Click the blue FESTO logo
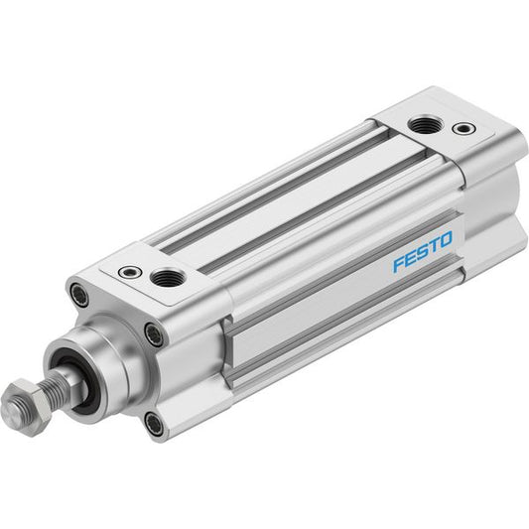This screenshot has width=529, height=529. (422, 251)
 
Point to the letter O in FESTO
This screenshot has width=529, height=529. (445, 239)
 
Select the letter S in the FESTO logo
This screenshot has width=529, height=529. (422, 252)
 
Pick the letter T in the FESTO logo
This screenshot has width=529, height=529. (433, 245)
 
